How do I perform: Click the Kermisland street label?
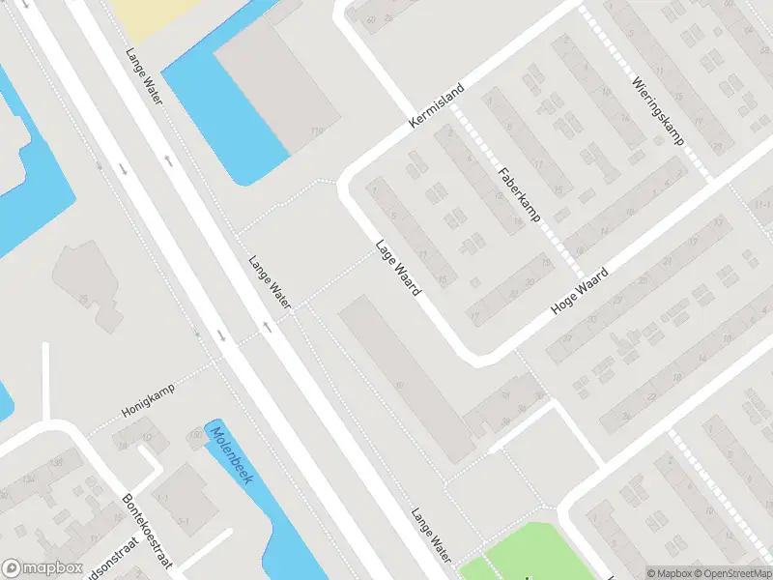pos(436,106)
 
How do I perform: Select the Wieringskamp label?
pos(659,112)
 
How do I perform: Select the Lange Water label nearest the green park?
pos(431,535)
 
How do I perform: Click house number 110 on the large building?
pos(314,131)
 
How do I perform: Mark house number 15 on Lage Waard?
pos(442,279)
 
